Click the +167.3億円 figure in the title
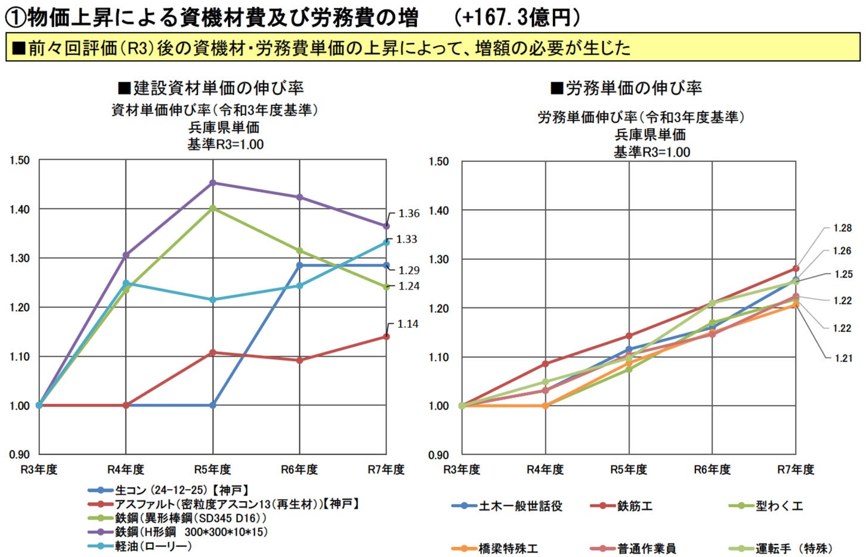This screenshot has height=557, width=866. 517,17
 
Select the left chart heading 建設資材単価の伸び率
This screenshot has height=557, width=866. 212,88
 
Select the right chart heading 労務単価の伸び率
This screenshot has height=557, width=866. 626,88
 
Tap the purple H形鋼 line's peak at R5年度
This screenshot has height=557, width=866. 212,183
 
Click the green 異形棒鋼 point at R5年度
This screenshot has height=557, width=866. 212,208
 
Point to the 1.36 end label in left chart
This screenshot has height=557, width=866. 409,213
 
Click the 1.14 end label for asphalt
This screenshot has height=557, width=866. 408,324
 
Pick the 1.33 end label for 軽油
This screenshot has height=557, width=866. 407,239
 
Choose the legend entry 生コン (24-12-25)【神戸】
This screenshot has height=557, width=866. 181,490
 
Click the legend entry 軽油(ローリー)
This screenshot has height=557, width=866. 153,546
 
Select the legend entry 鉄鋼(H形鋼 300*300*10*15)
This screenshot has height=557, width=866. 191,532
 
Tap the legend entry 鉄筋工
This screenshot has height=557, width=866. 635,506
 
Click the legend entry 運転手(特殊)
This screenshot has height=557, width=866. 794,549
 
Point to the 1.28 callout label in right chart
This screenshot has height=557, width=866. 842,228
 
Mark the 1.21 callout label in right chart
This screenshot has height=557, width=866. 842,358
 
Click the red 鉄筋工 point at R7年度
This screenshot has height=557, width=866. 796,269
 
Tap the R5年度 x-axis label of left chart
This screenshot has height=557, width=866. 212,469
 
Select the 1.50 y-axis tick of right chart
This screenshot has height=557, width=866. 438,161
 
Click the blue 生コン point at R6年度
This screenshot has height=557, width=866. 299,265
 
